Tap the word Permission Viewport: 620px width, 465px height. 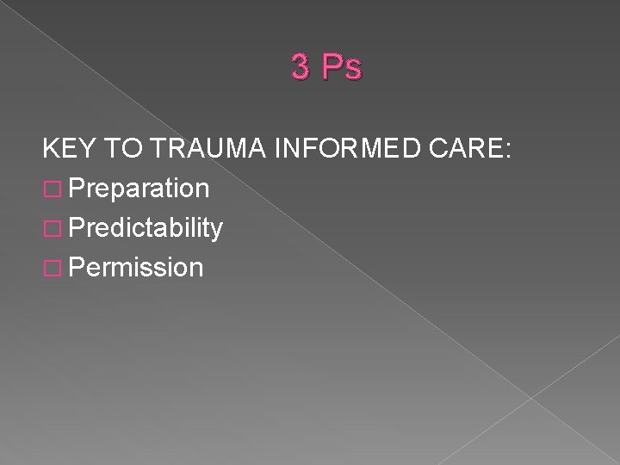point(138,268)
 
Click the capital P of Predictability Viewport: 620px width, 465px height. point(78,228)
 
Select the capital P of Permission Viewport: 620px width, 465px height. point(78,267)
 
